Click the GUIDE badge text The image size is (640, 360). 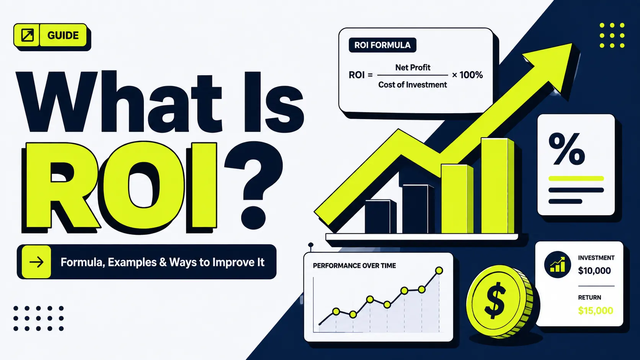(x=63, y=36)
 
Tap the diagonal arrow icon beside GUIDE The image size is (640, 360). (x=28, y=35)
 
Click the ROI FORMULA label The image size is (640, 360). (x=382, y=45)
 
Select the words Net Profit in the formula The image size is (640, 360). (x=413, y=68)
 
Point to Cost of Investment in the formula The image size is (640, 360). (x=413, y=85)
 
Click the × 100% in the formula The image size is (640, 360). (x=467, y=75)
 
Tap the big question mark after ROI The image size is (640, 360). (x=253, y=186)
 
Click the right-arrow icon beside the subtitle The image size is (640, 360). (x=37, y=262)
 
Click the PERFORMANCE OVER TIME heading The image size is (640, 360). (x=354, y=266)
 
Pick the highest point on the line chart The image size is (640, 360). (x=439, y=270)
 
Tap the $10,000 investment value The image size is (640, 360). (x=594, y=270)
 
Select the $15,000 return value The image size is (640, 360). (x=596, y=311)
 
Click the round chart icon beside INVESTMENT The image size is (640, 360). (x=557, y=265)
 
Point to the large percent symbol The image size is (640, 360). (x=567, y=149)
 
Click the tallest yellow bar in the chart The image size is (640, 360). (x=497, y=186)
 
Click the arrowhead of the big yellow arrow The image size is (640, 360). (x=550, y=67)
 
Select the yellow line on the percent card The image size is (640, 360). (x=576, y=179)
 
